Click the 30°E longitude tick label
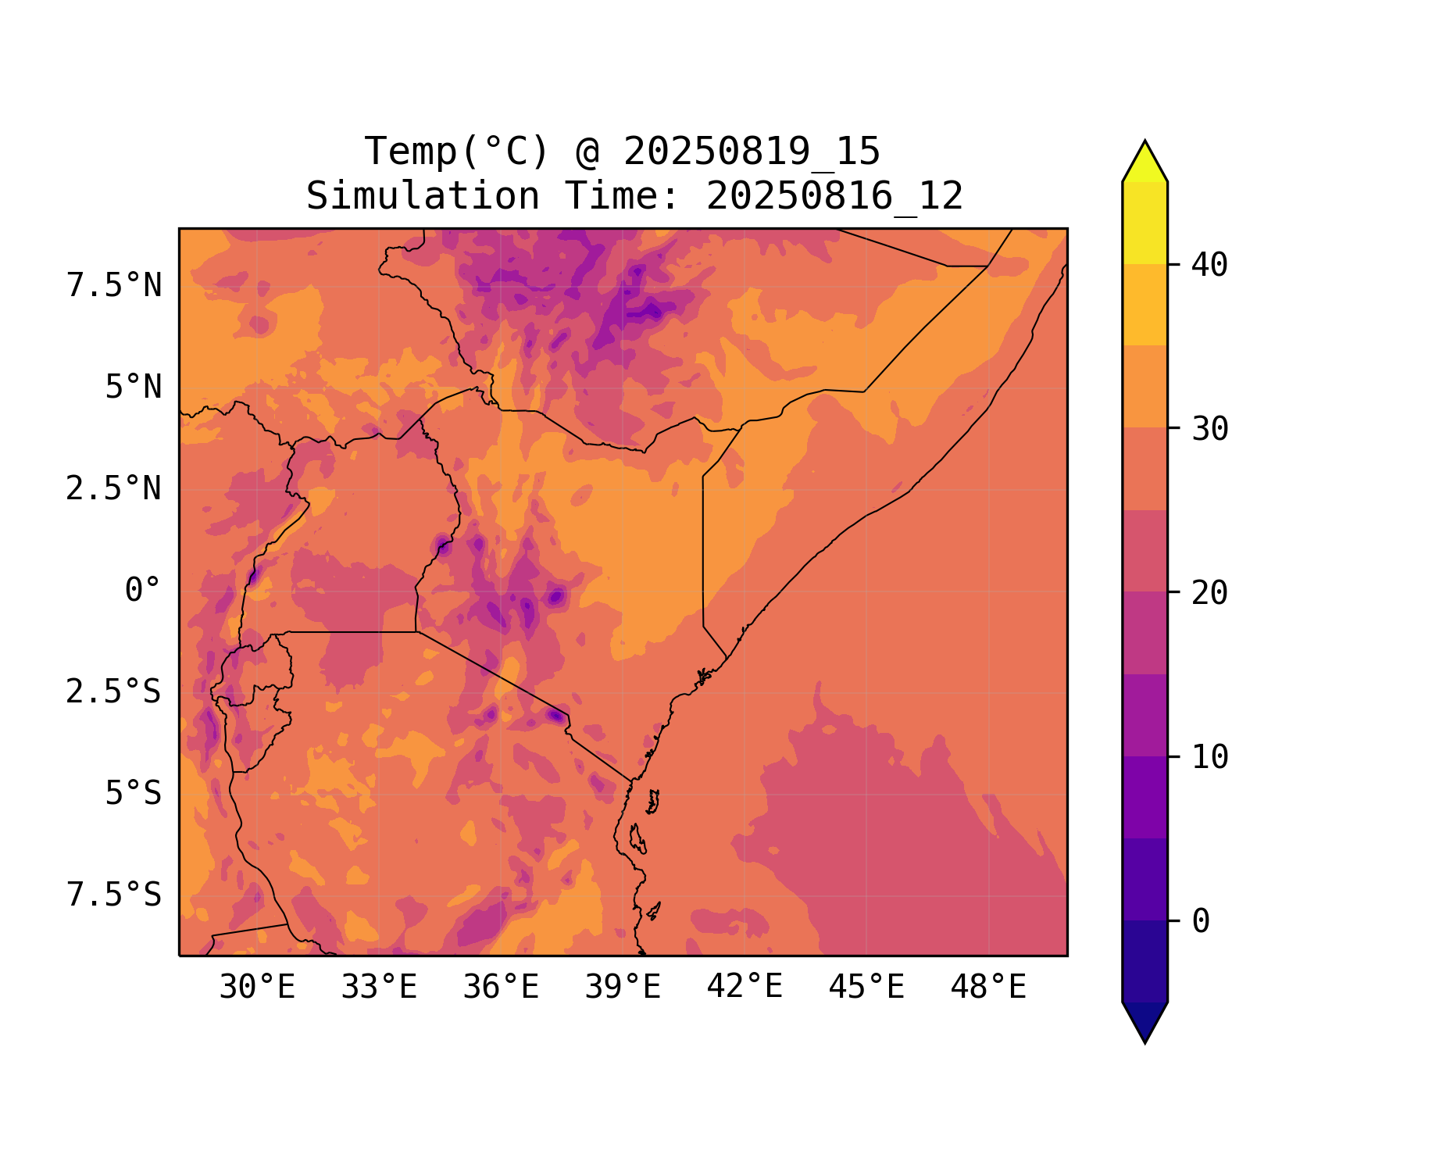[x=257, y=988]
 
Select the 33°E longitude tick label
[x=379, y=988]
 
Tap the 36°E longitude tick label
[x=501, y=988]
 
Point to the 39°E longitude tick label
[x=623, y=988]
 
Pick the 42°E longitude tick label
[x=745, y=988]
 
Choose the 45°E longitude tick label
[x=866, y=988]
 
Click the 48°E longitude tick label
[x=988, y=988]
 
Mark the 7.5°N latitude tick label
[x=114, y=286]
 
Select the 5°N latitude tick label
[x=134, y=388]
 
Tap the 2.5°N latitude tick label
[x=114, y=489]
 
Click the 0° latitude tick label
[x=143, y=591]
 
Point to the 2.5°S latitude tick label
[x=114, y=692]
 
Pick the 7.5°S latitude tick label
[x=114, y=895]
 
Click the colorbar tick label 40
[x=1209, y=266]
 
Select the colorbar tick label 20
[x=1209, y=594]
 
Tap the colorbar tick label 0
[x=1201, y=922]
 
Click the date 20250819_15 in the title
[x=752, y=152]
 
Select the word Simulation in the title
[x=423, y=196]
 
